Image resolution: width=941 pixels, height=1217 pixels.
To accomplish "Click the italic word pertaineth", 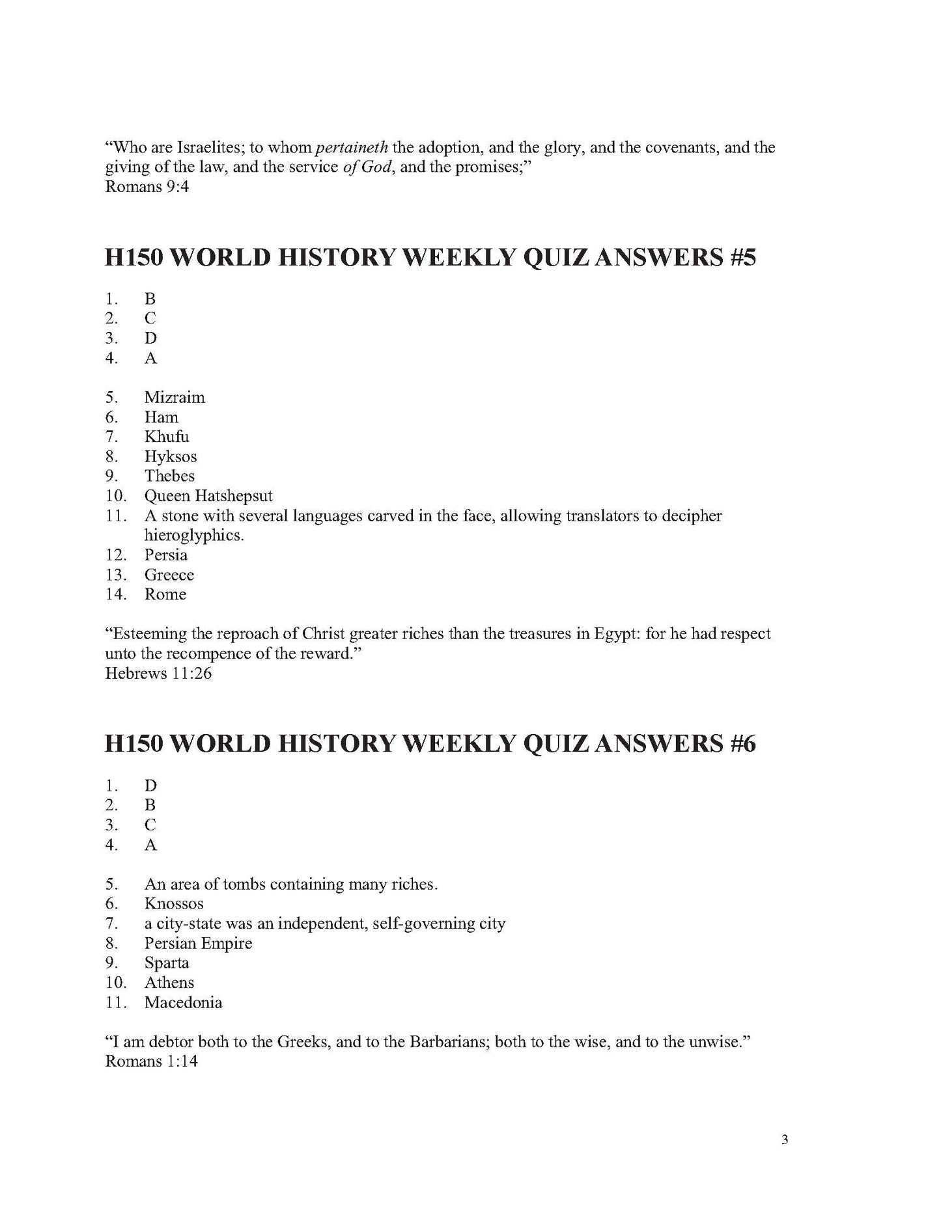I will pos(352,148).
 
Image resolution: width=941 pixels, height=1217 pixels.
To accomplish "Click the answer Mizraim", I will pos(175,398).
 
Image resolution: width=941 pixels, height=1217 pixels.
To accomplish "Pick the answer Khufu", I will pos(167,437).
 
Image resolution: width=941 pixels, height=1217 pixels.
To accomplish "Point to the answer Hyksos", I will pos(171,457).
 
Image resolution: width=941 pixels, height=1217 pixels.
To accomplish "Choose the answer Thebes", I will pos(169,476).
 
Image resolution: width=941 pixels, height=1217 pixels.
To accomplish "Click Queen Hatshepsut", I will pos(208,497).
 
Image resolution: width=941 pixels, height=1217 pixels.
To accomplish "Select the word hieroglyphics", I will pos(194,536).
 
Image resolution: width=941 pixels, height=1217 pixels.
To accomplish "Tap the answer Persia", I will pos(166,555).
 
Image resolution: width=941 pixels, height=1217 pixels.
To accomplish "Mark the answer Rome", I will pos(165,594).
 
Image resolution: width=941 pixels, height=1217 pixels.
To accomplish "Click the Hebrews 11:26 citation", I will pos(158,674).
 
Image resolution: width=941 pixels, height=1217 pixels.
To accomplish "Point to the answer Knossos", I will pos(174,904).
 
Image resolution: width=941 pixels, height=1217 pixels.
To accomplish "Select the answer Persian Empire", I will pos(198,944).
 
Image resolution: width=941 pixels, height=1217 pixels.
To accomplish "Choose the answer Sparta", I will pos(167,963).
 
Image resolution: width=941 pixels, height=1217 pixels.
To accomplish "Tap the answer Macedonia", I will pos(183,1002).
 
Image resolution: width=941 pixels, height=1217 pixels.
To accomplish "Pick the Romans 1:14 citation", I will pos(151,1061).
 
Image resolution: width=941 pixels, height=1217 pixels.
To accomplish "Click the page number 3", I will pos(785,1158).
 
